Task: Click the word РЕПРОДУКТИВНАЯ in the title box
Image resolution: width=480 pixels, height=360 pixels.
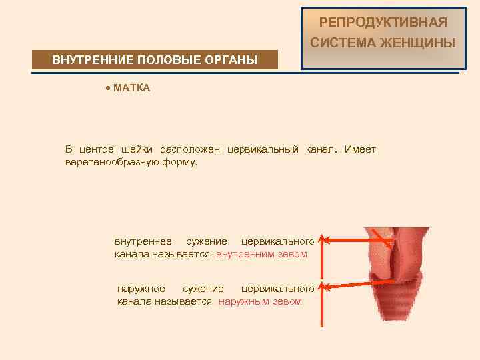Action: (383, 23)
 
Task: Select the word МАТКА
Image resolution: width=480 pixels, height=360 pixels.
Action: (132, 88)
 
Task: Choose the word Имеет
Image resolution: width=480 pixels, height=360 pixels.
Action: (360, 149)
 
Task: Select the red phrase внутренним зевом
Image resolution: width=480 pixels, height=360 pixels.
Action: (261, 254)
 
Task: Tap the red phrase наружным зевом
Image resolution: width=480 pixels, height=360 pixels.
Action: (261, 301)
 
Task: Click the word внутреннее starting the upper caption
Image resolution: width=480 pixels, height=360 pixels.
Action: (143, 241)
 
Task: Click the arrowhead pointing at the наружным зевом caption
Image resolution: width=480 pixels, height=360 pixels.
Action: (322, 287)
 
